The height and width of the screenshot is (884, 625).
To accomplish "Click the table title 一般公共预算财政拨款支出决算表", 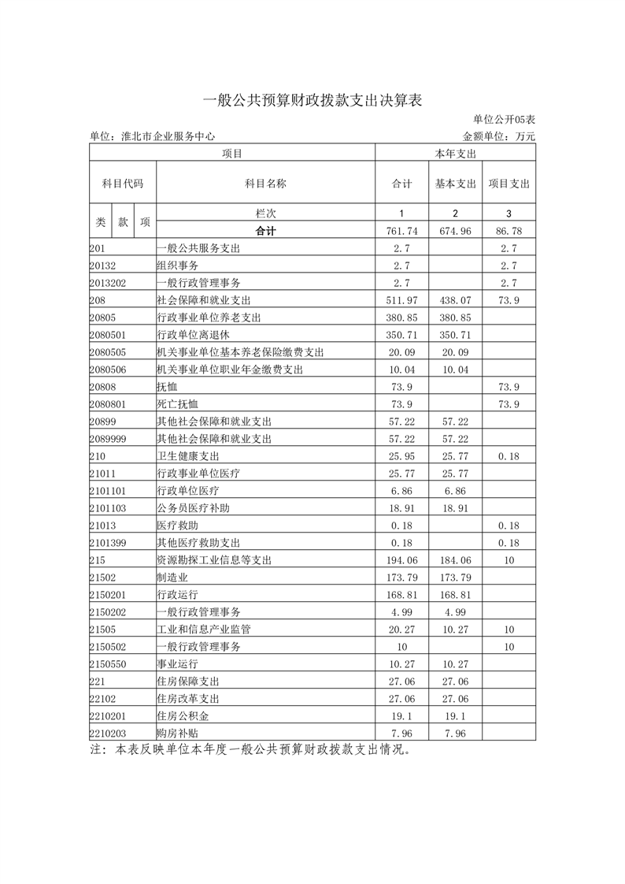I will point(312,100).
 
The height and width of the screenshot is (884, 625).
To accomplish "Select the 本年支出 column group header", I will point(455,153).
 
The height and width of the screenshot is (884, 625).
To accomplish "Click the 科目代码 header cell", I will point(123,183).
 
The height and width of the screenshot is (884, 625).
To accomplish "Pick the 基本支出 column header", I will point(456,184).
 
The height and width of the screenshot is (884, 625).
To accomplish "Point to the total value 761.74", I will point(402,231).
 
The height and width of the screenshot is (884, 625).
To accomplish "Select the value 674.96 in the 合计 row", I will point(456,231).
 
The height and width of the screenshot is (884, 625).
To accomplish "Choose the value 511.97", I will point(402,300).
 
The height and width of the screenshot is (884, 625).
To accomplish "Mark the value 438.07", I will point(456,300).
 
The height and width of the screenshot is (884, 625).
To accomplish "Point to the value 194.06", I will point(402,560).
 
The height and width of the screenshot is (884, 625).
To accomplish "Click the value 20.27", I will point(402,630).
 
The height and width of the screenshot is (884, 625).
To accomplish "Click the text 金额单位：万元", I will point(499,136).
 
